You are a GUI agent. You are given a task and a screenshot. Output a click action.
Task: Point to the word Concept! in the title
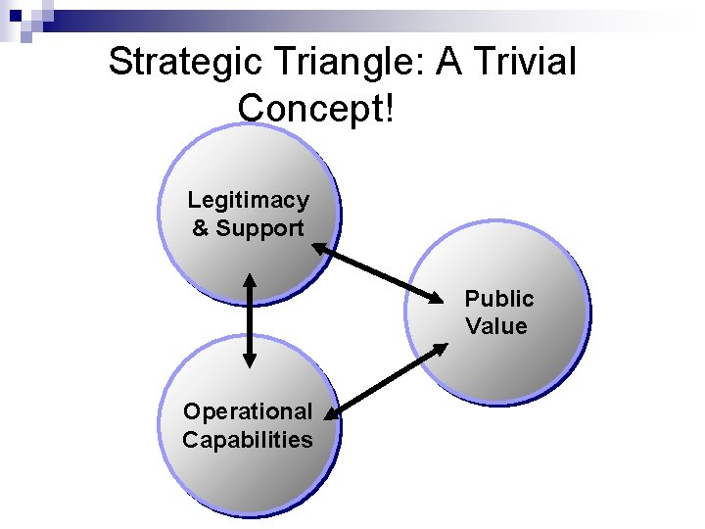pyautogui.click(x=315, y=107)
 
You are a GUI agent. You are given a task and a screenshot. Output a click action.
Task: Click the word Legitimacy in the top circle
pyautogui.click(x=249, y=200)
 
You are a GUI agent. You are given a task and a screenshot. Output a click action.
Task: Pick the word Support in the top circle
pyautogui.click(x=260, y=228)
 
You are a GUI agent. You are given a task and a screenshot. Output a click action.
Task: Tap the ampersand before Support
pyautogui.click(x=201, y=228)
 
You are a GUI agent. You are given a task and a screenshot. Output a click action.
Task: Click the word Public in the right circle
pyautogui.click(x=499, y=298)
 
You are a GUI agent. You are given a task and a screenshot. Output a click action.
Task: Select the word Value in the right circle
pyautogui.click(x=496, y=326)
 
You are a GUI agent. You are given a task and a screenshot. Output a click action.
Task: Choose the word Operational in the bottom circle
pyautogui.click(x=248, y=410)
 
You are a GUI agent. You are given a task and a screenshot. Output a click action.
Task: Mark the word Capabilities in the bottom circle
pyautogui.click(x=248, y=439)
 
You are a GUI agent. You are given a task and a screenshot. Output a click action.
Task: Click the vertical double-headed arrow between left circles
pyautogui.click(x=250, y=320)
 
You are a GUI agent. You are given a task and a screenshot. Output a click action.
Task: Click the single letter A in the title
pyautogui.click(x=449, y=62)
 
